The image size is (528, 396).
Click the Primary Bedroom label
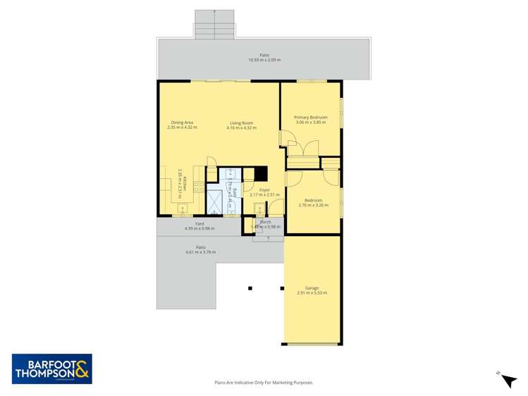(310, 117)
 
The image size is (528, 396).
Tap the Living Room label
(241, 123)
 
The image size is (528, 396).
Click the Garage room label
(312, 287)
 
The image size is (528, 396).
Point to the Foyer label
(264, 190)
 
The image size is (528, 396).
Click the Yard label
(199, 223)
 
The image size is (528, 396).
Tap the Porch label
(266, 222)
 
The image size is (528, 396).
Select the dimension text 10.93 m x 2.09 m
(264, 60)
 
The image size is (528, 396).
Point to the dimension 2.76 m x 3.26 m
(313, 205)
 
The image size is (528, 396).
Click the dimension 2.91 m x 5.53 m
(312, 292)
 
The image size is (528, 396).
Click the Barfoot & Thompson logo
(52, 369)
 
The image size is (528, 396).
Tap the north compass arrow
(508, 380)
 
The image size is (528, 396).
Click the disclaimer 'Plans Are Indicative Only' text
(264, 383)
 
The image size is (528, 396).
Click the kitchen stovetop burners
(199, 187)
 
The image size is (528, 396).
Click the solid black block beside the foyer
(261, 173)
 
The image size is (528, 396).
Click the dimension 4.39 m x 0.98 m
(199, 228)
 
